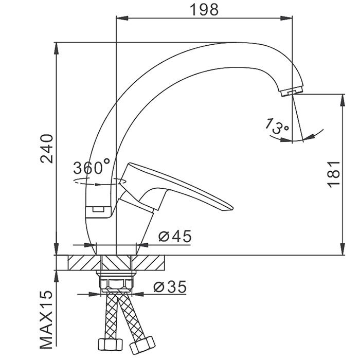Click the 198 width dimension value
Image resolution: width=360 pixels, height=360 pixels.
(204, 10)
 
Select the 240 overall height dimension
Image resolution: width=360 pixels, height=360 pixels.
(47, 149)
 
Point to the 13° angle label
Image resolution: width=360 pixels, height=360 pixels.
(277, 127)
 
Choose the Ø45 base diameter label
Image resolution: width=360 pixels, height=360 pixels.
(175, 236)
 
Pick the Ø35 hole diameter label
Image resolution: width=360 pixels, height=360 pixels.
(170, 287)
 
